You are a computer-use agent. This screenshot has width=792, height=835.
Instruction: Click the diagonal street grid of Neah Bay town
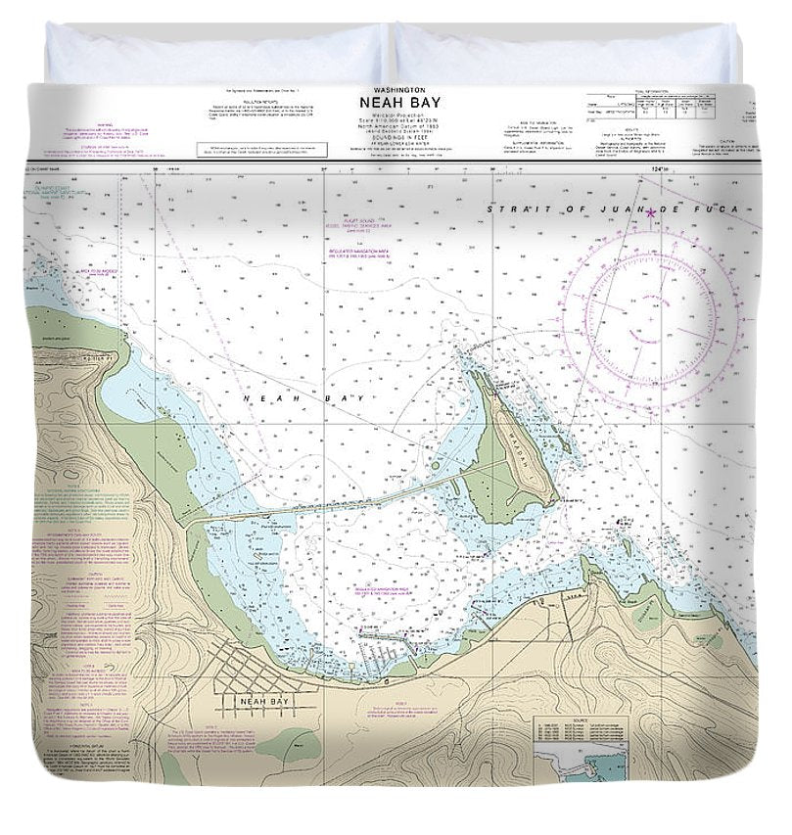(x=245, y=667)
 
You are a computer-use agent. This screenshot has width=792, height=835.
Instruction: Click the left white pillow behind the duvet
(x=215, y=54)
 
